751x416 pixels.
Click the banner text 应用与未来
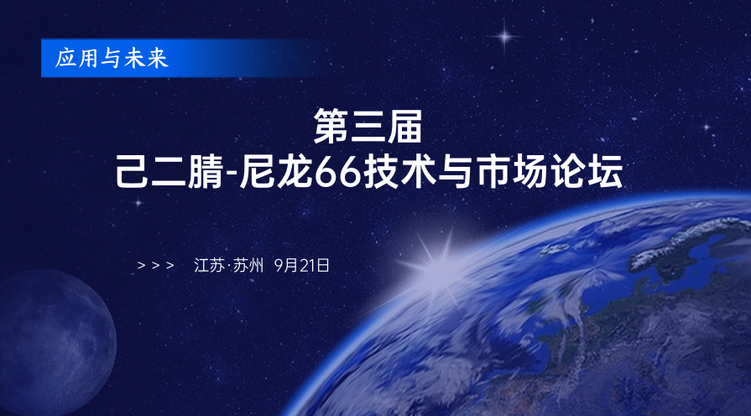pyautogui.click(x=112, y=59)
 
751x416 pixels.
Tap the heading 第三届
pyautogui.click(x=368, y=127)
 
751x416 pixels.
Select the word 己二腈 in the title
pyautogui.click(x=169, y=171)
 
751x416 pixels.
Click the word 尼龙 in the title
pyautogui.click(x=275, y=171)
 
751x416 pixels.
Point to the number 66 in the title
pyautogui.click(x=337, y=172)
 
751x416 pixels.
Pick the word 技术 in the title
pyautogui.click(x=400, y=171)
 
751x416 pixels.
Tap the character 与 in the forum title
pyautogui.click(x=456, y=171)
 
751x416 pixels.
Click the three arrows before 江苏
pyautogui.click(x=156, y=265)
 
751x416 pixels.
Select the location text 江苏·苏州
pyautogui.click(x=228, y=265)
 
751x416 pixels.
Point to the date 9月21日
pyautogui.click(x=302, y=265)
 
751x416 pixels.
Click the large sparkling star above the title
pyautogui.click(x=504, y=36)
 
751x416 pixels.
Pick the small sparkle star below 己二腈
pyautogui.click(x=138, y=203)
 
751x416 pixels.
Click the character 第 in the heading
pyautogui.click(x=331, y=127)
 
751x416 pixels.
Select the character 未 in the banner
pyautogui.click(x=134, y=59)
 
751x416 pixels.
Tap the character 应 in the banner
pyautogui.click(x=65, y=59)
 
